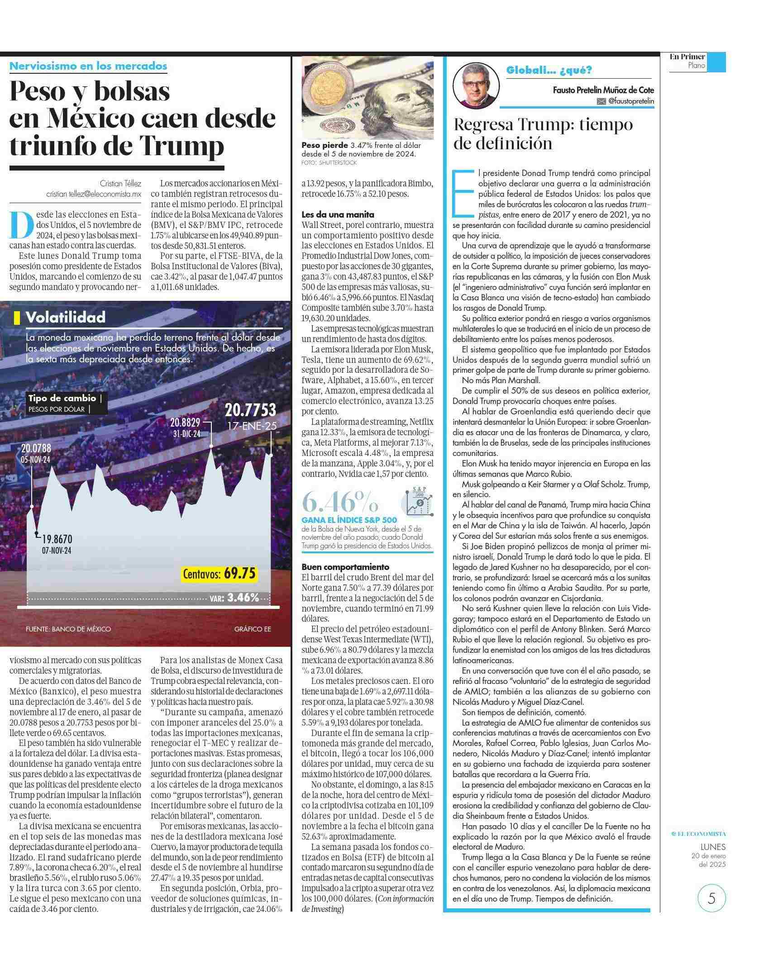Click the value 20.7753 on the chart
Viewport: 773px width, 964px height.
pos(250,410)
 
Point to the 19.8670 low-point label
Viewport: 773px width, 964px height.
pos(57,539)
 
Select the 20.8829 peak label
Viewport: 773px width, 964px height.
pos(185,423)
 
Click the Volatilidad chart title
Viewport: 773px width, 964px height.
pos(65,317)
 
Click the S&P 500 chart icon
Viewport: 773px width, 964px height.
pos(417,501)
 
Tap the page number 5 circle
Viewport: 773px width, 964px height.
pos(711,898)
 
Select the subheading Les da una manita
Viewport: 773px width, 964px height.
pos(338,214)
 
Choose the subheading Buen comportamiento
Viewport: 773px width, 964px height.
pos(345,567)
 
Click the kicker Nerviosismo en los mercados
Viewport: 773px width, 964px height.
pos(88,66)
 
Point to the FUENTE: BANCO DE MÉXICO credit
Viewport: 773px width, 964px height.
pos(68,629)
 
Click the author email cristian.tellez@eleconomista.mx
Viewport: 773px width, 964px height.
pos(94,194)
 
